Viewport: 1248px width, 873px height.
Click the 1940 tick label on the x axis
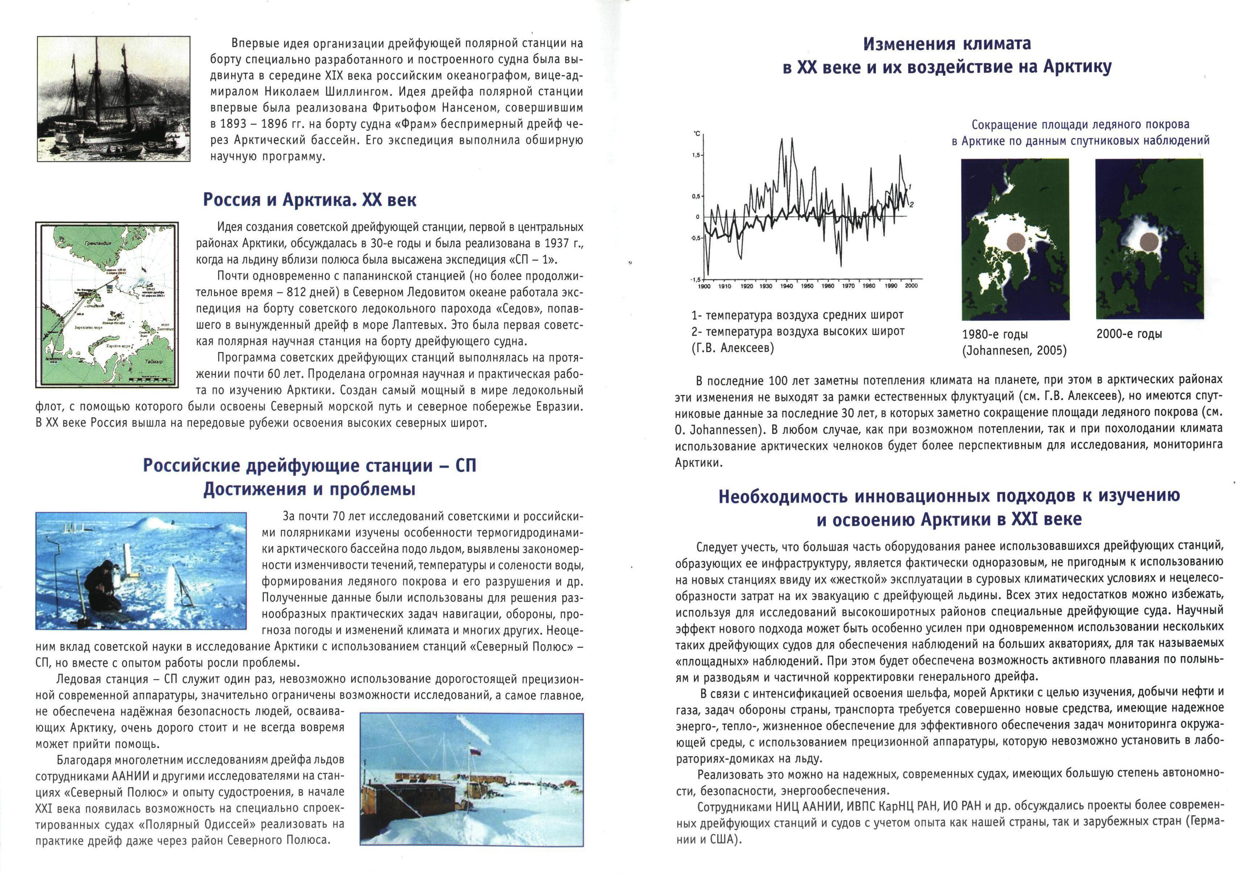coord(786,285)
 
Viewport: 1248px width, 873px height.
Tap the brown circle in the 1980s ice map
coord(1016,243)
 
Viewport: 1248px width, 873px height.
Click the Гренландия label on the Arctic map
coord(98,244)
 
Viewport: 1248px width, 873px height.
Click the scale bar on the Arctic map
coord(151,377)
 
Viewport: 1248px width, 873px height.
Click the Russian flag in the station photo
coord(475,752)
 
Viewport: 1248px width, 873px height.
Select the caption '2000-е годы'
coord(1129,334)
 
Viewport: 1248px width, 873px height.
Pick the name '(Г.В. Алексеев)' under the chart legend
coord(732,348)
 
